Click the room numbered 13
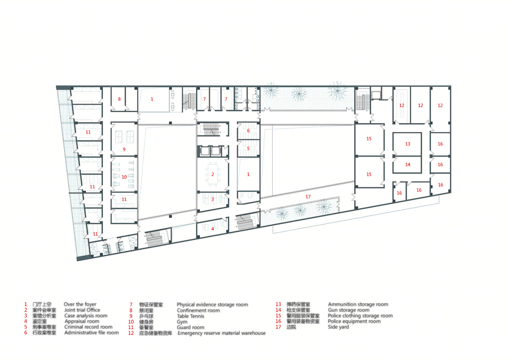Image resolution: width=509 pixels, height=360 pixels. pyautogui.click(x=407, y=144)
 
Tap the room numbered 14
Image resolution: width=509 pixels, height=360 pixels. pyautogui.click(x=407, y=164)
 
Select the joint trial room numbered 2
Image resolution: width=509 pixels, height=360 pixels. pyautogui.click(x=213, y=174)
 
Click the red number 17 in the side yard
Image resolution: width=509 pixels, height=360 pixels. pyautogui.click(x=308, y=197)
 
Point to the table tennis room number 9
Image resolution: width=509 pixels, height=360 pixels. pyautogui.click(x=124, y=149)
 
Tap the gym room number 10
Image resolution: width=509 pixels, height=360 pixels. pyautogui.click(x=124, y=177)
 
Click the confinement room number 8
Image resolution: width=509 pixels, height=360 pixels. pyautogui.click(x=119, y=99)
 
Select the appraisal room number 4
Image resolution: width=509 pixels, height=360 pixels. pyautogui.click(x=213, y=229)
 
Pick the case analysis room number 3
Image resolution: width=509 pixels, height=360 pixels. pyautogui.click(x=213, y=199)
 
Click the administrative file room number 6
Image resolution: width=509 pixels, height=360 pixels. pyautogui.click(x=248, y=131)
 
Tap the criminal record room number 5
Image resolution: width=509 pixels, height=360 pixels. pyautogui.click(x=248, y=148)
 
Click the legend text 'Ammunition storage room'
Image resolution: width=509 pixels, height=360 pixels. pyautogui.click(x=358, y=304)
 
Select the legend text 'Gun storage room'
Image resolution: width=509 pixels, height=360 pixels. pyautogui.click(x=348, y=310)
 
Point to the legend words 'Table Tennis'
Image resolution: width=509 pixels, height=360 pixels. pyautogui.click(x=191, y=316)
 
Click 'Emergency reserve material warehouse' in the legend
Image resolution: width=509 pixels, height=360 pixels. pyautogui.click(x=221, y=333)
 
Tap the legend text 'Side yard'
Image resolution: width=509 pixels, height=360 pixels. pyautogui.click(x=338, y=327)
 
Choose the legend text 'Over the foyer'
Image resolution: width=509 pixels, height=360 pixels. pyautogui.click(x=80, y=304)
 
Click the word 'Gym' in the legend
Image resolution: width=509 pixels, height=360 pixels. pyautogui.click(x=182, y=322)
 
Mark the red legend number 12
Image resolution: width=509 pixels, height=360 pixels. pyautogui.click(x=131, y=333)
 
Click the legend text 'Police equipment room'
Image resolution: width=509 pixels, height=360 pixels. pyautogui.click(x=354, y=321)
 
